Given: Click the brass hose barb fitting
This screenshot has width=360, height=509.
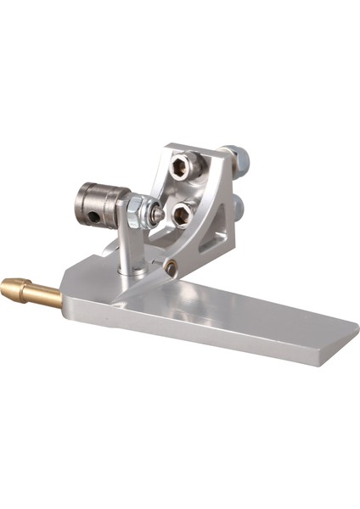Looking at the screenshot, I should click(32, 290).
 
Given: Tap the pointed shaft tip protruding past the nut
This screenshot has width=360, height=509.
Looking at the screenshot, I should click(159, 214).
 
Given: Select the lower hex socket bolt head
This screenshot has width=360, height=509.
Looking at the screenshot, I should click(181, 214).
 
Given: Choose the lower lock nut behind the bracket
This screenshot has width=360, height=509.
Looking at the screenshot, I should click(237, 205).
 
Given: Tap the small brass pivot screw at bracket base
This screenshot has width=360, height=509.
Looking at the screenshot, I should click(172, 268).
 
